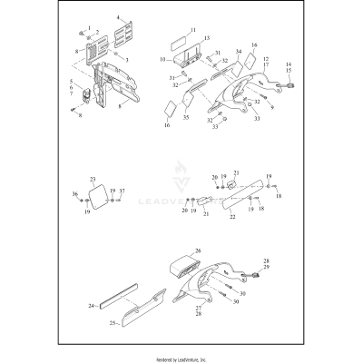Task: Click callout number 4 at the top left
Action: [118, 17]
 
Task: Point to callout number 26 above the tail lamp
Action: [196, 250]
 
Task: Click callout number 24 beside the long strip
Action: [91, 307]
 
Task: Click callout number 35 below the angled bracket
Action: [186, 118]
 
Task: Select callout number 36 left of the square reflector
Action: [74, 195]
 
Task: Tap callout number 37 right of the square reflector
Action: [123, 191]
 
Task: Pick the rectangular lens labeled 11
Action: [181, 43]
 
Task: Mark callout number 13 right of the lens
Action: [207, 39]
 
